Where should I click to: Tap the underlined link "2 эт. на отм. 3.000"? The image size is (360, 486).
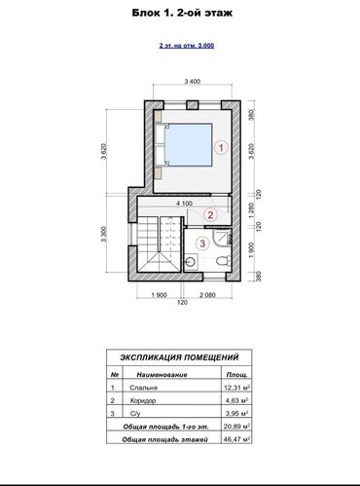(179, 47)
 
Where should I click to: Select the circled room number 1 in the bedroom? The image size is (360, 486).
(221, 149)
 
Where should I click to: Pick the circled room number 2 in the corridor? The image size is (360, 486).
(210, 215)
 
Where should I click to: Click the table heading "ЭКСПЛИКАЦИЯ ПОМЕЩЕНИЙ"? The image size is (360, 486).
(179, 356)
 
